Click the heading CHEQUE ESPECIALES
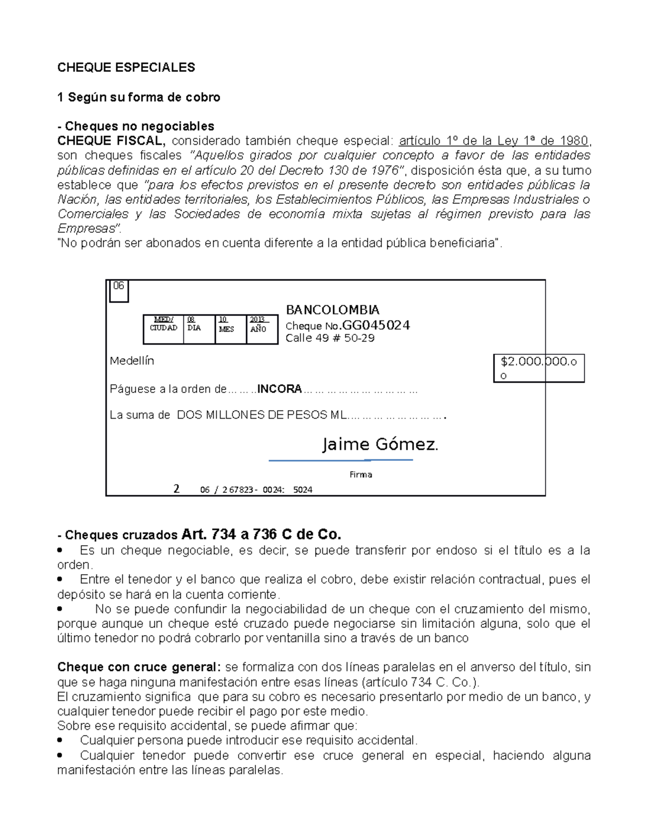[126, 68]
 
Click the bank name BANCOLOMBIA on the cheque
[332, 310]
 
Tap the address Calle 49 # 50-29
[330, 338]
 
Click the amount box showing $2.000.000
[539, 368]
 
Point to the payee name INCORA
[280, 389]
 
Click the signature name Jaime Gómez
[380, 445]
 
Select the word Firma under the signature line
[361, 475]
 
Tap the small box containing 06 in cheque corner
[119, 291]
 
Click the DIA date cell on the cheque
[199, 329]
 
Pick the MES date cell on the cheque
[230, 329]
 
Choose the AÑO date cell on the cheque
[262, 329]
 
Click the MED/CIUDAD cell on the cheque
[163, 329]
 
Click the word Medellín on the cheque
[132, 361]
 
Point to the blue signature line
[341, 460]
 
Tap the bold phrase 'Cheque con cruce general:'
[139, 667]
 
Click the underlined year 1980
[574, 141]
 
